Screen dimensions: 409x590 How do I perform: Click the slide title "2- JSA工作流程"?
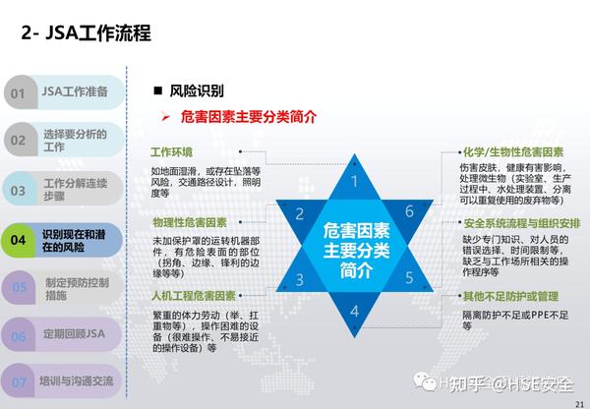tap(86, 34)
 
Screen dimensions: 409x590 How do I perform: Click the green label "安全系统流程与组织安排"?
tap(520, 223)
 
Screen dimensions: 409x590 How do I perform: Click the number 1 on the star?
tap(355, 180)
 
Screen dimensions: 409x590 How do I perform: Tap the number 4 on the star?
tap(355, 313)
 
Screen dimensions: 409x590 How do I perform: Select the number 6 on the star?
tap(409, 211)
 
